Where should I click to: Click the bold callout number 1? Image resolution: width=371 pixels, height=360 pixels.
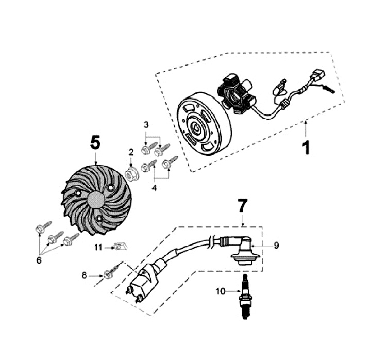[306, 146]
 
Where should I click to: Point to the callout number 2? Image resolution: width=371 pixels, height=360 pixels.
[131, 152]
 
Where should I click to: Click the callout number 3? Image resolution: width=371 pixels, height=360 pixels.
[146, 125]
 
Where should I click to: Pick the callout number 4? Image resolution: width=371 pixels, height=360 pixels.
[154, 188]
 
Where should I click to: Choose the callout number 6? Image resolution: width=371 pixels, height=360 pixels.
[39, 260]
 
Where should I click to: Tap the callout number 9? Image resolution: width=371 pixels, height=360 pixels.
[276, 246]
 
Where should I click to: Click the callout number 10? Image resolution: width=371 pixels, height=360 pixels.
[221, 291]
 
